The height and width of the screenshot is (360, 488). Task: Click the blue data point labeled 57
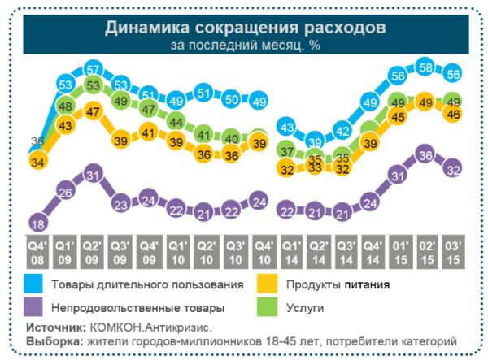(x=93, y=68)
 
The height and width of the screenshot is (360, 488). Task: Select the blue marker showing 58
(x=424, y=67)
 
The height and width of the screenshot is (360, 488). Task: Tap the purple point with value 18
(x=37, y=223)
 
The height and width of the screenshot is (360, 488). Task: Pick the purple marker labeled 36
(x=424, y=154)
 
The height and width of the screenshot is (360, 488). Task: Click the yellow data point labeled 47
(x=93, y=112)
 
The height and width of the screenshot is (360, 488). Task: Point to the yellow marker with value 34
(x=37, y=162)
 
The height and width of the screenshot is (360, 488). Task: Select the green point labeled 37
(x=286, y=151)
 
